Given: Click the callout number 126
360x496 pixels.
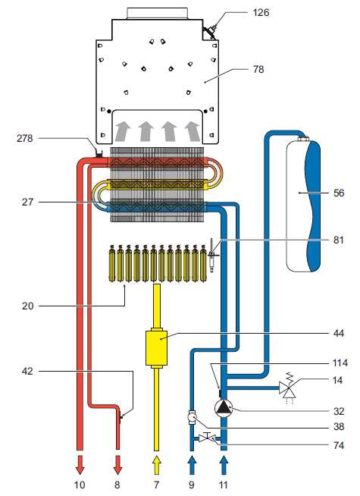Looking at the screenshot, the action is [x=261, y=13].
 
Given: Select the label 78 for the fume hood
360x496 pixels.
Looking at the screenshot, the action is [x=258, y=69].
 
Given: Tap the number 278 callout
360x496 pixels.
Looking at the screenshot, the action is [x=25, y=138].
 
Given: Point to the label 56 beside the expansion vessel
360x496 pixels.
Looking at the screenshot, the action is [x=339, y=193].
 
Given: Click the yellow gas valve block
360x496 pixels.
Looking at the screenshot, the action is [x=156, y=347].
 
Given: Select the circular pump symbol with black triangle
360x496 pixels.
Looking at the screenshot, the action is [x=224, y=408].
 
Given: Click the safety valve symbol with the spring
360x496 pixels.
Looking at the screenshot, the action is [x=287, y=388].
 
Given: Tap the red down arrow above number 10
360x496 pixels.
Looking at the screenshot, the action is [x=80, y=465].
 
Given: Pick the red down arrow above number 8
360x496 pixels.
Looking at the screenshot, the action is [x=117, y=465].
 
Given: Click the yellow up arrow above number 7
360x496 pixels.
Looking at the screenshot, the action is [x=156, y=465].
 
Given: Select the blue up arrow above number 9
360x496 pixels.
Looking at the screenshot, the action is [x=192, y=465].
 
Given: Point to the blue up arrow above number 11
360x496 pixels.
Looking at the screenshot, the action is [x=224, y=465].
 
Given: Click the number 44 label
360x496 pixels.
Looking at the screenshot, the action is [x=339, y=333].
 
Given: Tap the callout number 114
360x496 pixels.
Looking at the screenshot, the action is [x=340, y=363].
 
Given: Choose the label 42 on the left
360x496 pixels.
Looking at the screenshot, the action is [x=27, y=371].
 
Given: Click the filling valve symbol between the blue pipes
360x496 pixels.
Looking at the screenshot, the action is [x=208, y=438].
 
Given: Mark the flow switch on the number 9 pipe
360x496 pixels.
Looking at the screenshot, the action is [x=192, y=418].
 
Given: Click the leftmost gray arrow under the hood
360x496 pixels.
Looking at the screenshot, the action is [x=123, y=132].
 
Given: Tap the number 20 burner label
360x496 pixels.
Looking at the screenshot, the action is [x=27, y=306].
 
